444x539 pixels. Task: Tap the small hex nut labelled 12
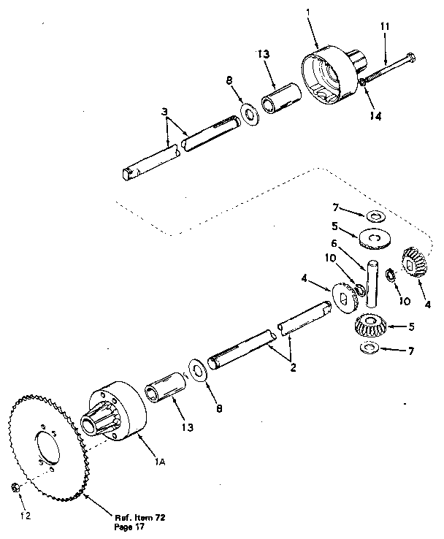[x=16, y=486]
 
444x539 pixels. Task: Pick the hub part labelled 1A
[x=118, y=414]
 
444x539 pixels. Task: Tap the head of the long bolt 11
[x=410, y=56]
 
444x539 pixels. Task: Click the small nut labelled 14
[x=361, y=88]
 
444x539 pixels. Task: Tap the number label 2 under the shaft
[x=293, y=368]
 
